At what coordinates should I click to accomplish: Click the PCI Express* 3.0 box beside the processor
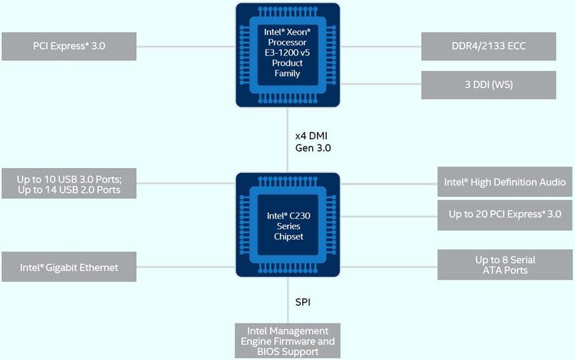tap(69, 46)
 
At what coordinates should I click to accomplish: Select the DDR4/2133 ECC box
tap(488, 46)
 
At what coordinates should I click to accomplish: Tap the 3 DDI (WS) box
tap(488, 85)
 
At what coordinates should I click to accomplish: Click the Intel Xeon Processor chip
tap(287, 54)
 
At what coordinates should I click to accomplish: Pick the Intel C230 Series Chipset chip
tap(287, 226)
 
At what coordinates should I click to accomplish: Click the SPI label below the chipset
tap(303, 302)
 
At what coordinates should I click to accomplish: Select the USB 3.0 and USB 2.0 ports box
tap(69, 184)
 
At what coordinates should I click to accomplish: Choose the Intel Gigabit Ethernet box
tap(69, 267)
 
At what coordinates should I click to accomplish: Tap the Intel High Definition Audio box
tap(505, 182)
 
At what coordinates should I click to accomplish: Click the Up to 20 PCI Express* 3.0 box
tap(505, 214)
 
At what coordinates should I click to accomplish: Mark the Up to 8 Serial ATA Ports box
tap(505, 265)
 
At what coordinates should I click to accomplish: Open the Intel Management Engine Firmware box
tap(287, 341)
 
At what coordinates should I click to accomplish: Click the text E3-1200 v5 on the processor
tap(287, 52)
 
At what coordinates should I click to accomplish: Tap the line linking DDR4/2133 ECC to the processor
tap(381, 47)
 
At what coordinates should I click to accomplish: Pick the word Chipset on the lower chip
tap(289, 236)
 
